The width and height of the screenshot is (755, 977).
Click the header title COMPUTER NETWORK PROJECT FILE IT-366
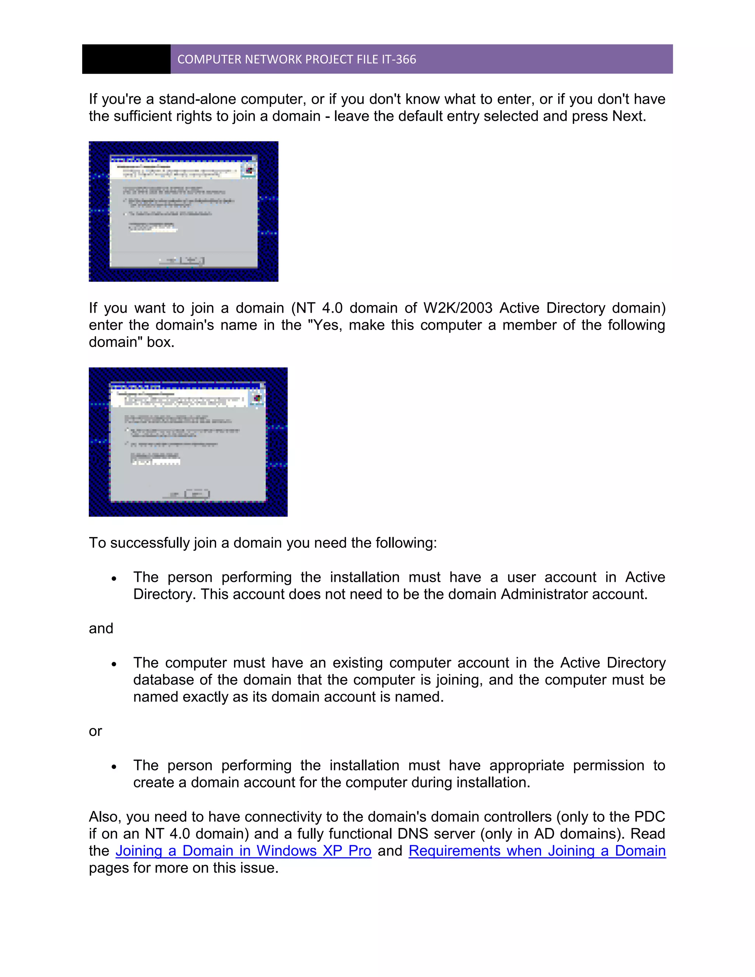[x=296, y=59]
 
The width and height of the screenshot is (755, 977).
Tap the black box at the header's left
[x=126, y=59]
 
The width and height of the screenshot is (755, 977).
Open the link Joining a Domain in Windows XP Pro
[x=243, y=851]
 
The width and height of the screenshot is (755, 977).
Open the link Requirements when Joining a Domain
[x=537, y=851]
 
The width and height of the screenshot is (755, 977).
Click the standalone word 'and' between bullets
[x=101, y=628]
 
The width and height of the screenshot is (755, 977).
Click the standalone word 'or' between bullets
[x=95, y=731]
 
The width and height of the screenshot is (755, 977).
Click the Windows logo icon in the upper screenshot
[x=249, y=170]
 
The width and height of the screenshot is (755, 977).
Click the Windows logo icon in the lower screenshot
[x=257, y=398]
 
